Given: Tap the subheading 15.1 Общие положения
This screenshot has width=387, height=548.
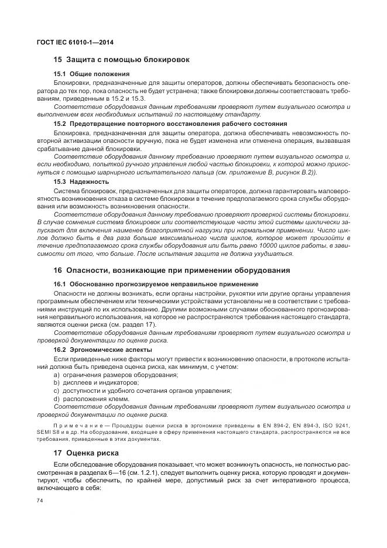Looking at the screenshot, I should [x=91, y=74].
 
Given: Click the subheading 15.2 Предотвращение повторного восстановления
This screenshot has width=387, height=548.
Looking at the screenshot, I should [x=170, y=124].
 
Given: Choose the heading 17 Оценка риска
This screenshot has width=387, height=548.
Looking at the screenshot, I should [x=86, y=453].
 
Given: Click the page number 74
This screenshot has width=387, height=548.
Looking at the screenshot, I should [x=40, y=500].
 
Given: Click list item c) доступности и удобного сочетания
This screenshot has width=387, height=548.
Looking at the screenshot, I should [x=142, y=391].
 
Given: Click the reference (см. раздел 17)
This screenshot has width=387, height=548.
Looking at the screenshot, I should [x=140, y=324].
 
